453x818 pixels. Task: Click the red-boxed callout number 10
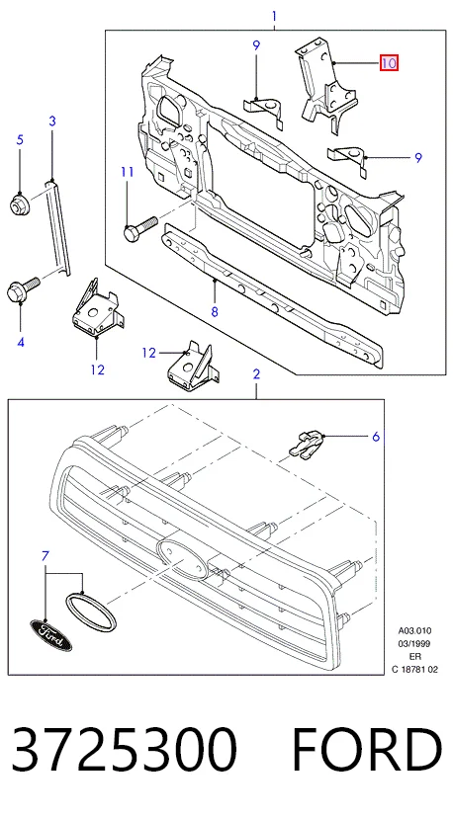tap(389, 63)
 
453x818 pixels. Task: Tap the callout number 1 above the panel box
tap(274, 16)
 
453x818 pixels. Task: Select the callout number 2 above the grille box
tap(256, 373)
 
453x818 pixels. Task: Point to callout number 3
tap(52, 122)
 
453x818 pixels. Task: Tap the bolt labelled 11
tap(139, 227)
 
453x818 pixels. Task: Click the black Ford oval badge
tap(50, 635)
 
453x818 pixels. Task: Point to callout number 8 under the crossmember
tap(215, 311)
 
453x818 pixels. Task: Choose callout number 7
tap(45, 555)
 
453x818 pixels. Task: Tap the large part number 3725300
tap(124, 750)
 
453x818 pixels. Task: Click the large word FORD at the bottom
tap(366, 750)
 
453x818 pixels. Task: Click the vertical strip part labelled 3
tap(57, 227)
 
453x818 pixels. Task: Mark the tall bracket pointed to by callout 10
tap(326, 86)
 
